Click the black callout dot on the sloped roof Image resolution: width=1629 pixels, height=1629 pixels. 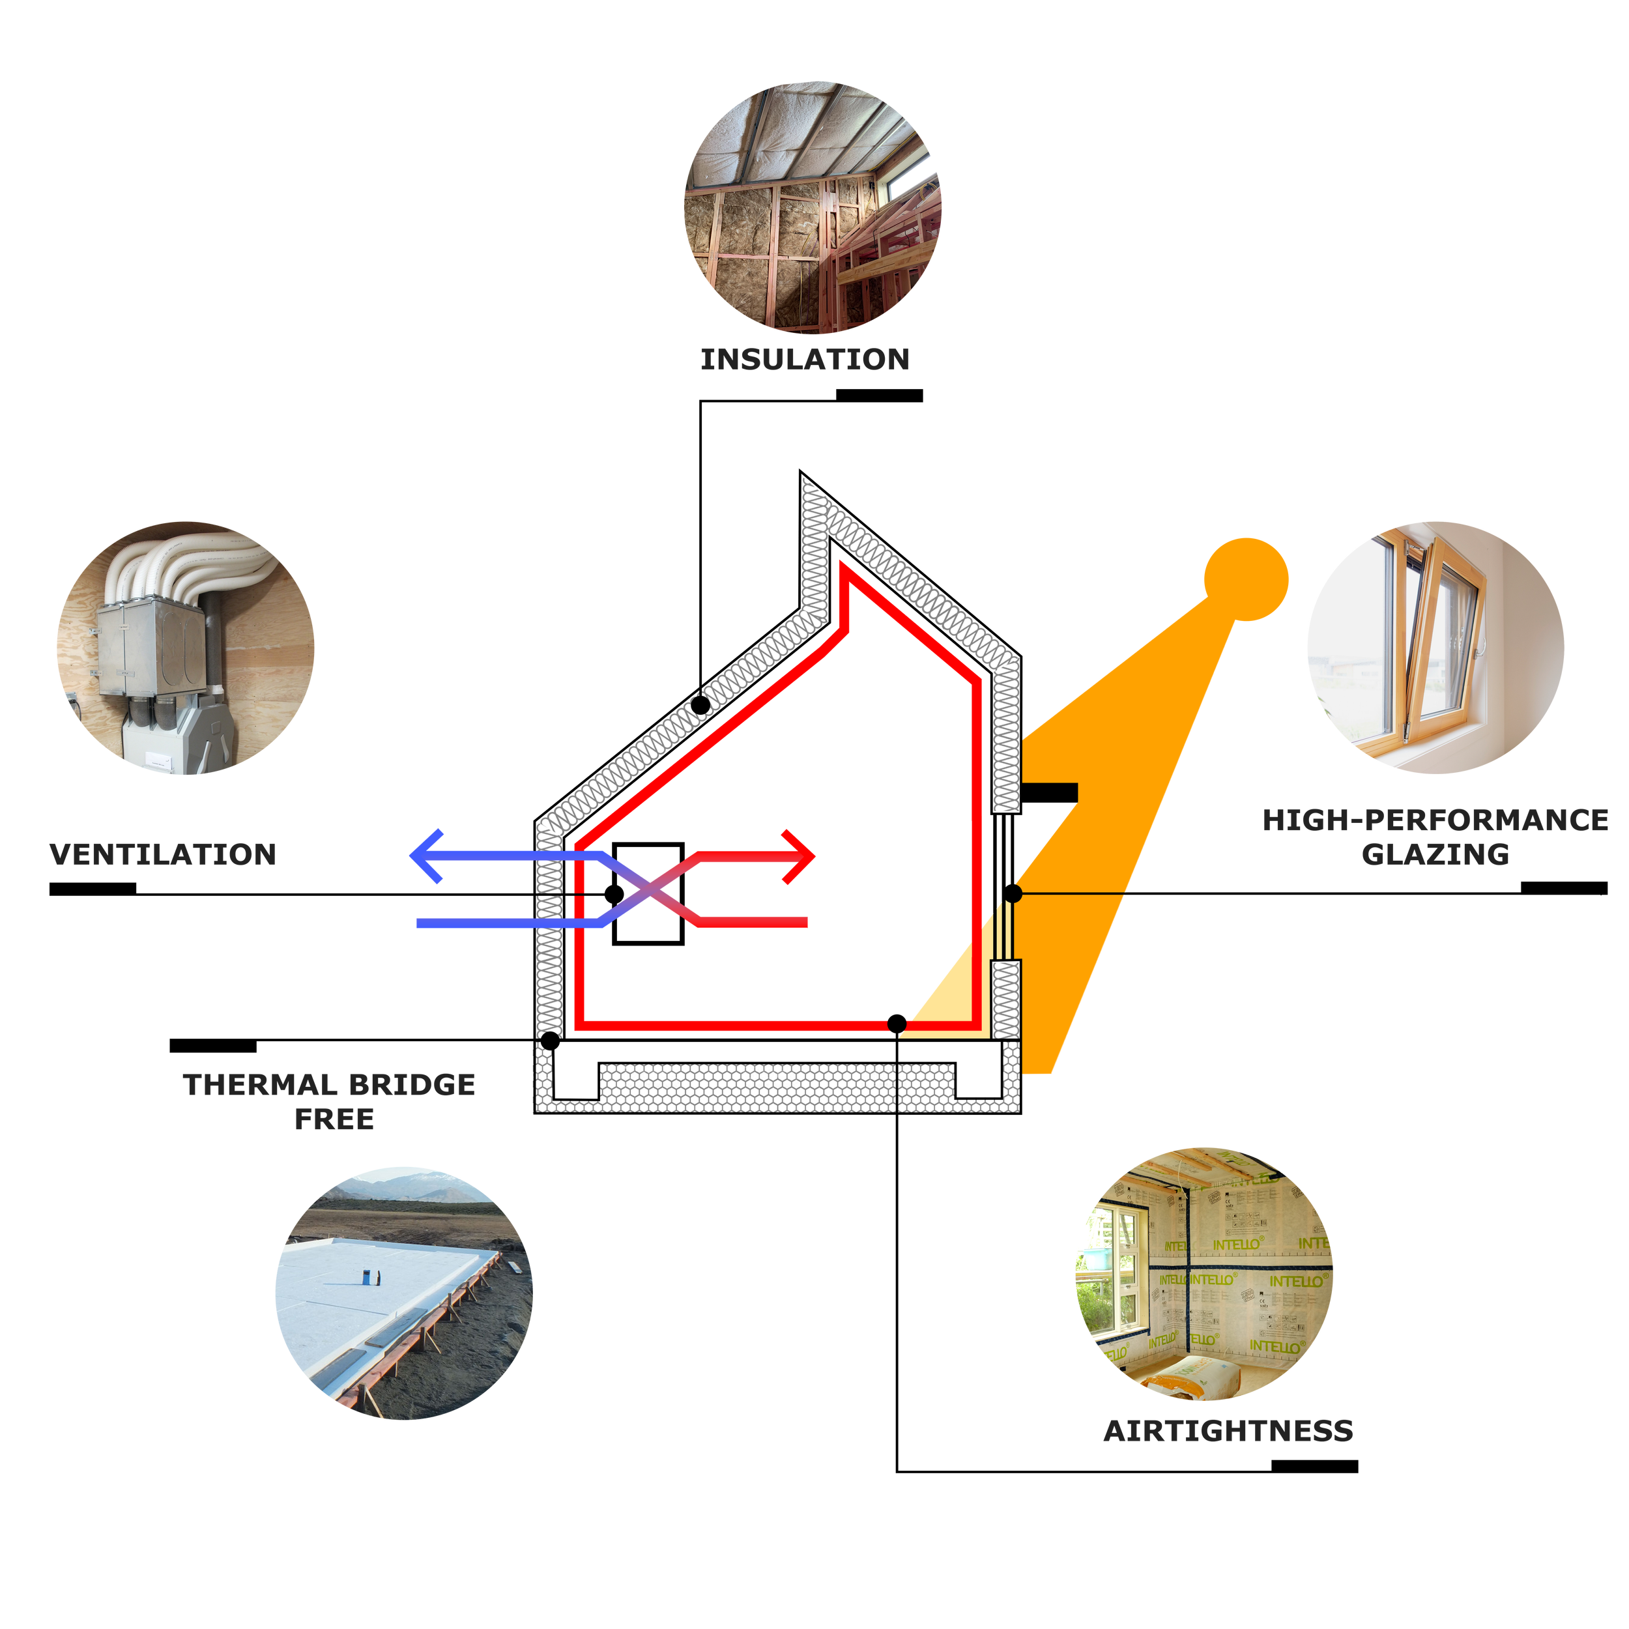pyautogui.click(x=700, y=705)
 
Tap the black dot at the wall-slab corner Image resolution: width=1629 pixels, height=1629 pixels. pyautogui.click(x=550, y=1041)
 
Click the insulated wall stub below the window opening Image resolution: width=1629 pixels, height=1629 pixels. pyautogui.click(x=1007, y=999)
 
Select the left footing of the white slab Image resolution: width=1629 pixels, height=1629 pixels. pyautogui.click(x=577, y=1082)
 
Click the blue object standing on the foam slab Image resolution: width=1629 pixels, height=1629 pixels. pyautogui.click(x=368, y=1276)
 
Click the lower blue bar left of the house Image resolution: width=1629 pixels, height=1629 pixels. pyautogui.click(x=472, y=927)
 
